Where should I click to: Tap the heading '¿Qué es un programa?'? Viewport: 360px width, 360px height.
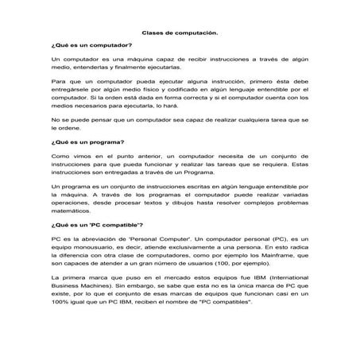pos(83,143)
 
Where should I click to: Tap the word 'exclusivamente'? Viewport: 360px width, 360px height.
pos(194,250)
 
